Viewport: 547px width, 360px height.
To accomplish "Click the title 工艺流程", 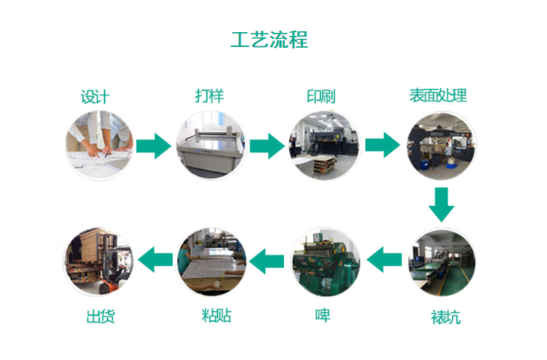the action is [269, 40].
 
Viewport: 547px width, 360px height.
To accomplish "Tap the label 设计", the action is [95, 96].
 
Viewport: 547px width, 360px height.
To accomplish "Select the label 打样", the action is [209, 96].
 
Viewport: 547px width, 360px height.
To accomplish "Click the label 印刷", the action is [321, 96].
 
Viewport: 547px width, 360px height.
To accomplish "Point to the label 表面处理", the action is [438, 96].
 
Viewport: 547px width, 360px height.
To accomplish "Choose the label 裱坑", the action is [445, 317].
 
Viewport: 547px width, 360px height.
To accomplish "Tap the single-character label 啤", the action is [323, 315].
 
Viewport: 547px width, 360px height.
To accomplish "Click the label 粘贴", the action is [216, 315].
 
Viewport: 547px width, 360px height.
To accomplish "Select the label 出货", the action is [100, 317].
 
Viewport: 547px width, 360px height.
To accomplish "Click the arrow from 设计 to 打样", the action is [153, 146].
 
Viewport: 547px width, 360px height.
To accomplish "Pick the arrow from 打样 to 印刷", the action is [268, 146].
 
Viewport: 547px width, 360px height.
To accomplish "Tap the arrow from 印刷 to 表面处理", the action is [383, 145].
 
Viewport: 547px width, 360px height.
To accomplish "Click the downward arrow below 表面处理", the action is [442, 205].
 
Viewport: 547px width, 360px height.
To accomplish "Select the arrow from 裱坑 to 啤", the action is [384, 259].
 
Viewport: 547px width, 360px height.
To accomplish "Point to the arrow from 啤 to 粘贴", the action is [267, 261].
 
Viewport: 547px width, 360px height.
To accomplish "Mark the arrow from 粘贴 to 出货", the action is [155, 259].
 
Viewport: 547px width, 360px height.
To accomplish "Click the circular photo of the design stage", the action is [99, 146].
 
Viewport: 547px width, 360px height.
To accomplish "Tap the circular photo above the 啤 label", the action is [325, 262].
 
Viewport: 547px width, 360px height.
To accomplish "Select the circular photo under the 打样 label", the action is [211, 146].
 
